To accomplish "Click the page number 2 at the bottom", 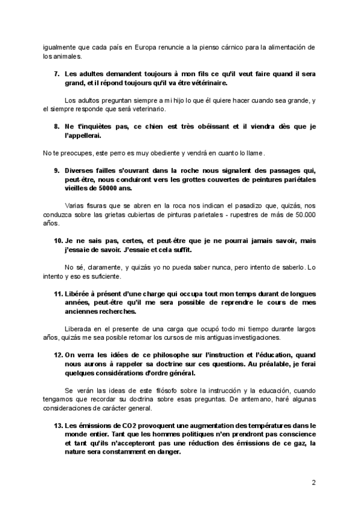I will (314, 482).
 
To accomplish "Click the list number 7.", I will (57, 73).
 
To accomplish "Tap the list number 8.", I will (57, 126).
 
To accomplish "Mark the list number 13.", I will (58, 425).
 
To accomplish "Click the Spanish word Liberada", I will (80, 329).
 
